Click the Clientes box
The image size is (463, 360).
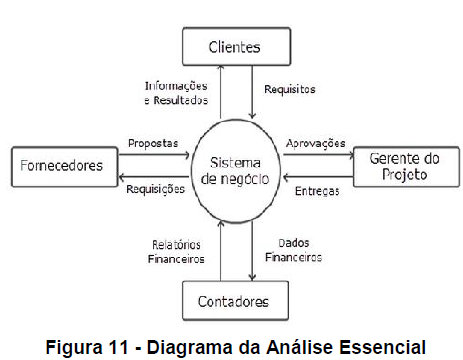pyautogui.click(x=232, y=46)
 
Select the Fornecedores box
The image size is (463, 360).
pyautogui.click(x=62, y=166)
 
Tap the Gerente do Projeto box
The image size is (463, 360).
pyautogui.click(x=399, y=166)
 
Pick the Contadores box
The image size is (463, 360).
pyautogui.click(x=233, y=299)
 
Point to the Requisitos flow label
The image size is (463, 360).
pyautogui.click(x=289, y=89)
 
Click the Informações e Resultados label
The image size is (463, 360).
pyautogui.click(x=176, y=94)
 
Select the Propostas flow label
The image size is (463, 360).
pyautogui.click(x=154, y=143)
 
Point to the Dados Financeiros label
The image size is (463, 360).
pyautogui.click(x=293, y=250)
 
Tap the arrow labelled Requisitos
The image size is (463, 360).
pyautogui.click(x=253, y=90)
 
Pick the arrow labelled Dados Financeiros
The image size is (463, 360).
pyautogui.click(x=253, y=250)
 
